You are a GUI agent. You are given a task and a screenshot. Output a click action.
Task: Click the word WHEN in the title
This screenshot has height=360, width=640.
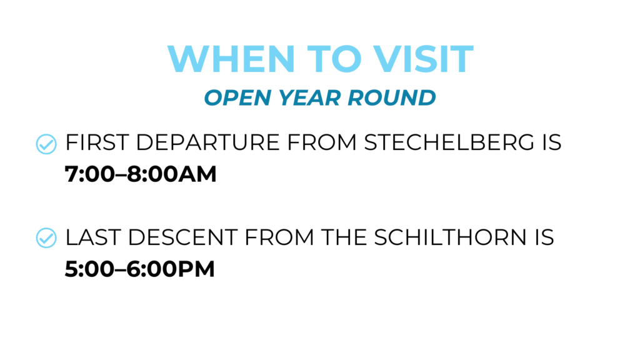(231, 59)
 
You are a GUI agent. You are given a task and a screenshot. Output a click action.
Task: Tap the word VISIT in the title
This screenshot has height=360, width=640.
(423, 59)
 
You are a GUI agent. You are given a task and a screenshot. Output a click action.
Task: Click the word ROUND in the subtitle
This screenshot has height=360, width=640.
(392, 97)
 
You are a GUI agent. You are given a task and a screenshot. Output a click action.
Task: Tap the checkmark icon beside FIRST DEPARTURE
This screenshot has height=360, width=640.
(46, 144)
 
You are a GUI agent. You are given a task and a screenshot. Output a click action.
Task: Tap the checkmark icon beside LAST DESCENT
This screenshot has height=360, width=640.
(46, 237)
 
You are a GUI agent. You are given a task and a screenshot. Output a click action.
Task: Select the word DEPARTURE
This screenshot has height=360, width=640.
(207, 142)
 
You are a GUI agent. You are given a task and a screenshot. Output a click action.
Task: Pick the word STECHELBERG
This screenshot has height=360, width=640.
(449, 142)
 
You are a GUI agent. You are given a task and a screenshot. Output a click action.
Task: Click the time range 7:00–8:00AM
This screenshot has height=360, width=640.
(141, 174)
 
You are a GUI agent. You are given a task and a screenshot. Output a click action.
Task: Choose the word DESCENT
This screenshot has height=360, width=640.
(182, 237)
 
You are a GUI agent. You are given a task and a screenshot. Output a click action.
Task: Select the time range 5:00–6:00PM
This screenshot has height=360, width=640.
(139, 269)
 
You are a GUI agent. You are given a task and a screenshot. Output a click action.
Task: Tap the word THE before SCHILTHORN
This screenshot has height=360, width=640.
(344, 237)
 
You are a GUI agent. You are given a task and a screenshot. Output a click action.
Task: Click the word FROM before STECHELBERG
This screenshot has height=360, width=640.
(322, 142)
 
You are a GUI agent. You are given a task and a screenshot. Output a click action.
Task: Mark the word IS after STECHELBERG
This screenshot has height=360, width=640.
(552, 142)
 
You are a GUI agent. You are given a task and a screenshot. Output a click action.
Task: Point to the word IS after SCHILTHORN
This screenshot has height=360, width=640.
(544, 237)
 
